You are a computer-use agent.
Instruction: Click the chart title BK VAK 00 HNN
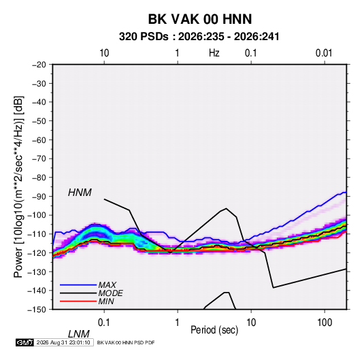[x=200, y=19]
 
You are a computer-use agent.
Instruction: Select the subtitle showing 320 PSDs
[x=199, y=37]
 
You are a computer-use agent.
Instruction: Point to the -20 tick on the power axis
[x=39, y=65]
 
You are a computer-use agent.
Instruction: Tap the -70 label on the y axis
[x=39, y=159]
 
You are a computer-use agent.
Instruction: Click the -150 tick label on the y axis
[x=37, y=310]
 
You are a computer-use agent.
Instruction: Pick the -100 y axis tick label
[x=37, y=215]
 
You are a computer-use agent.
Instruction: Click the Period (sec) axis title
[x=214, y=330]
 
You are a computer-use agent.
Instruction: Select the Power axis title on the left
[x=18, y=186]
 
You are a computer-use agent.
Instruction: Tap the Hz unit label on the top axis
[x=214, y=53]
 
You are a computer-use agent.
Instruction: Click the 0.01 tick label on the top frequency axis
[x=324, y=53]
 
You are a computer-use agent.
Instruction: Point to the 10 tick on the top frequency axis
[x=104, y=53]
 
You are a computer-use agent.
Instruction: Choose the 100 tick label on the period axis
[x=325, y=323]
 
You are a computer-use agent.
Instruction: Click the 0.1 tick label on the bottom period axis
[x=104, y=323]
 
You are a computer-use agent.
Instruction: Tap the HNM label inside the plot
[x=80, y=193]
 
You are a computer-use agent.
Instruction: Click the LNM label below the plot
[x=78, y=334]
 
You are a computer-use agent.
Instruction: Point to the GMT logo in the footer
[x=24, y=342]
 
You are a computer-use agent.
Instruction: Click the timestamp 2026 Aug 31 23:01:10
[x=63, y=342]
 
